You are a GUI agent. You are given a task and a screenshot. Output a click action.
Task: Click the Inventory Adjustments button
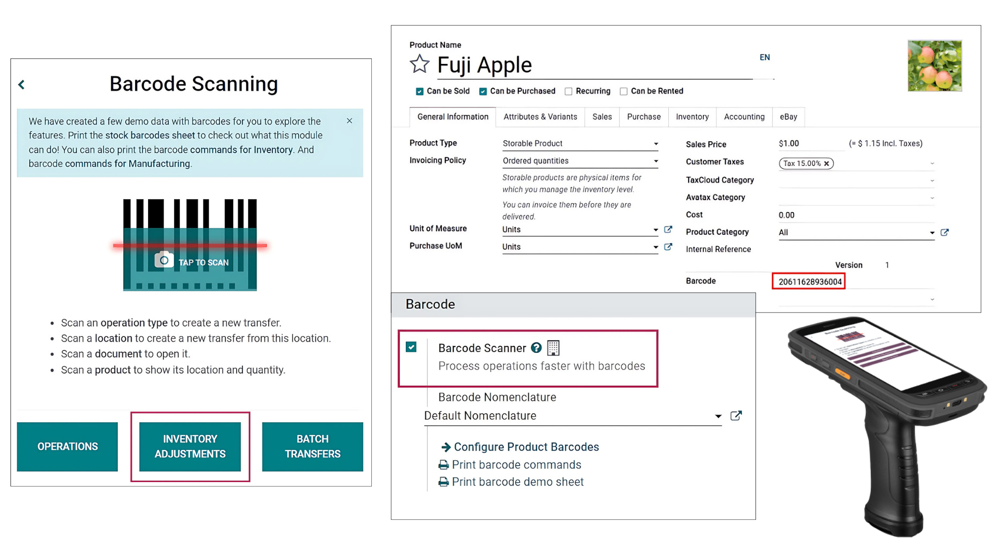point(190,446)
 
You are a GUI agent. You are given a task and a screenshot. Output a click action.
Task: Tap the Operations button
point(67,446)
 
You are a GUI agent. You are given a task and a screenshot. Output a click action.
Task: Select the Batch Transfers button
point(312,446)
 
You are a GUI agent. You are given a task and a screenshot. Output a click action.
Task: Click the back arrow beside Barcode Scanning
point(21,85)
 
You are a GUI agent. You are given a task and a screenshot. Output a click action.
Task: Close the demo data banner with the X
point(349,121)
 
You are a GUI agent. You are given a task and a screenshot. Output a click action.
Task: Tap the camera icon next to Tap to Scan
point(164,260)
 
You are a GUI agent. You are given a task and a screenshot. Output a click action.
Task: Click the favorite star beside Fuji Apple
point(420,64)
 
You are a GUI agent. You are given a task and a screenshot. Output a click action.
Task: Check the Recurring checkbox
point(569,91)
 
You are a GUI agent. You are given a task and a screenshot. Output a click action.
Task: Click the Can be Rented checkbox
point(624,91)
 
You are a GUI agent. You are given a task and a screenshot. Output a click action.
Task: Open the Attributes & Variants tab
point(541,117)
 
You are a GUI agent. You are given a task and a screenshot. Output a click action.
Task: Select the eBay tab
point(789,117)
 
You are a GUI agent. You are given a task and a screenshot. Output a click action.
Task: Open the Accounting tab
point(744,117)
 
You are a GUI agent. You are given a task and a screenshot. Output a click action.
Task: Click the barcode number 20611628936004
point(810,282)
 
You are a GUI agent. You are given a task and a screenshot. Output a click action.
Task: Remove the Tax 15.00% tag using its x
point(827,163)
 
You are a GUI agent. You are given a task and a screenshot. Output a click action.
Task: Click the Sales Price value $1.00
point(789,144)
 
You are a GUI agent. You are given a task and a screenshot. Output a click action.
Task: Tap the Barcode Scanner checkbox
point(411,347)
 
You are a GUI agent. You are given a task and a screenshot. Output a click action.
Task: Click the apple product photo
point(935,66)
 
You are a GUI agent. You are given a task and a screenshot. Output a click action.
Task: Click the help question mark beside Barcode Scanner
point(536,348)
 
